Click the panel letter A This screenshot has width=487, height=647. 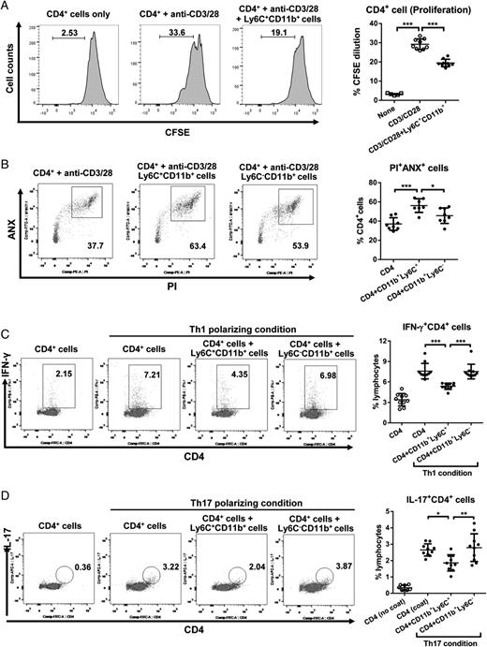(x=7, y=7)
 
